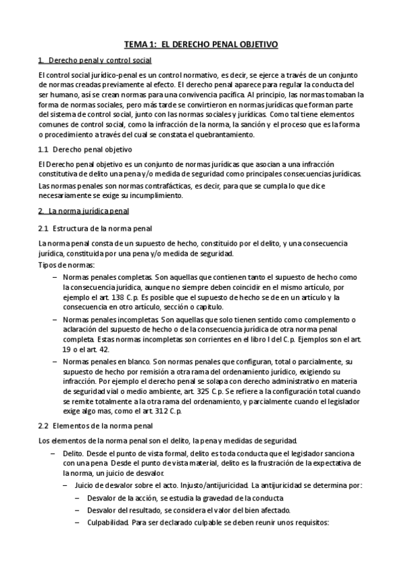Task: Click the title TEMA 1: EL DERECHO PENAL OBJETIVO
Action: (x=201, y=44)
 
